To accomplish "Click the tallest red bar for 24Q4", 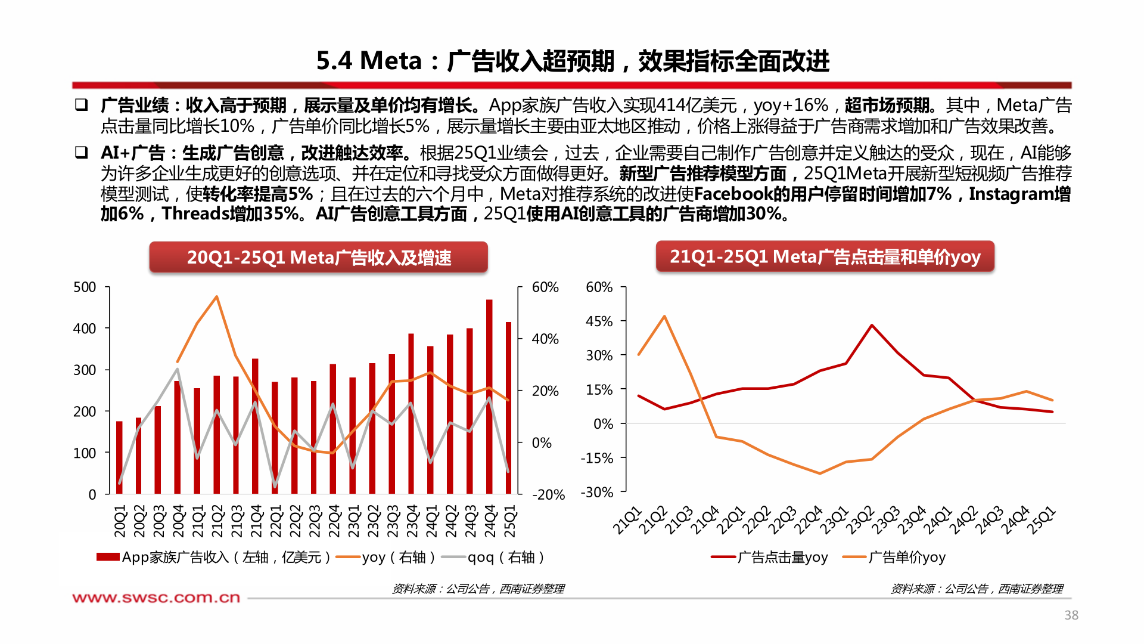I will (x=489, y=397).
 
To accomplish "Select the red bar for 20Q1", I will (x=119, y=457).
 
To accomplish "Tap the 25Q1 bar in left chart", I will (x=508, y=408).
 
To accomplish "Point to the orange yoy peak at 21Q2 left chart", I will (x=216, y=296).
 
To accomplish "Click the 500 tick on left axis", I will (x=85, y=287).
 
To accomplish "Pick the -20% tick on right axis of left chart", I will (x=548, y=494).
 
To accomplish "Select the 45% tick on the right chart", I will (x=599, y=321).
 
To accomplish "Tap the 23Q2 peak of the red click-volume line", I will (x=872, y=326).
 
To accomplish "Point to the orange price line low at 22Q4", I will (x=820, y=473).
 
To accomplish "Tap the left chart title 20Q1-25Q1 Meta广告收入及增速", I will (x=319, y=258).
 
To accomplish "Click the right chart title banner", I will (x=825, y=256).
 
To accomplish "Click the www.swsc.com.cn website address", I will (x=156, y=597).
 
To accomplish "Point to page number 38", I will (x=1071, y=615).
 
